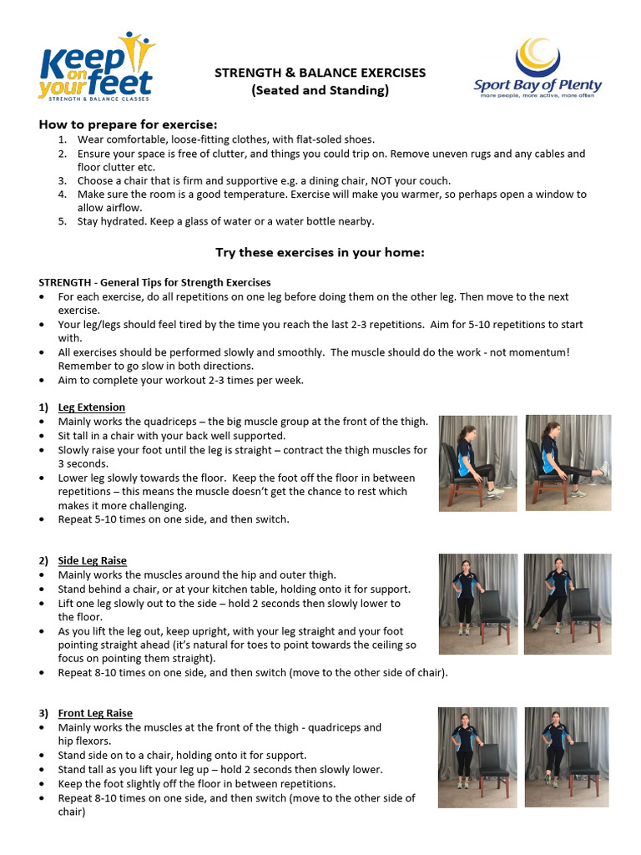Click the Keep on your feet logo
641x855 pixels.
click(96, 68)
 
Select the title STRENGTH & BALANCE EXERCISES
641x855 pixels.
click(320, 73)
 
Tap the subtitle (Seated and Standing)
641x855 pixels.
click(320, 90)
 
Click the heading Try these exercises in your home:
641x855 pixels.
click(320, 252)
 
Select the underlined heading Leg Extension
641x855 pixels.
click(92, 407)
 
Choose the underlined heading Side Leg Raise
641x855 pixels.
click(93, 560)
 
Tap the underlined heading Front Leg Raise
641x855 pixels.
click(95, 713)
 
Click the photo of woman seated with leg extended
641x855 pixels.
click(568, 463)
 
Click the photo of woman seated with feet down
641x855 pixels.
click(477, 463)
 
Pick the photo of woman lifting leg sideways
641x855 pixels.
click(567, 604)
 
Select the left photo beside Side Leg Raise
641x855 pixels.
click(478, 604)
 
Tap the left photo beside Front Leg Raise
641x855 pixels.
click(477, 756)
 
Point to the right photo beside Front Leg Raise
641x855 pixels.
click(567, 756)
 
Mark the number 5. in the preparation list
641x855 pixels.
click(63, 221)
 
